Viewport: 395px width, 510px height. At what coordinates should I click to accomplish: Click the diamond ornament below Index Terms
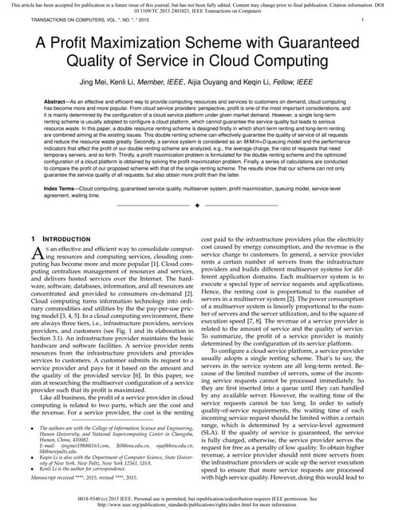pos(196,206)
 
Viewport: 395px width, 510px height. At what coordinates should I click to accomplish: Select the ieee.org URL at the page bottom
pos(197,504)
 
